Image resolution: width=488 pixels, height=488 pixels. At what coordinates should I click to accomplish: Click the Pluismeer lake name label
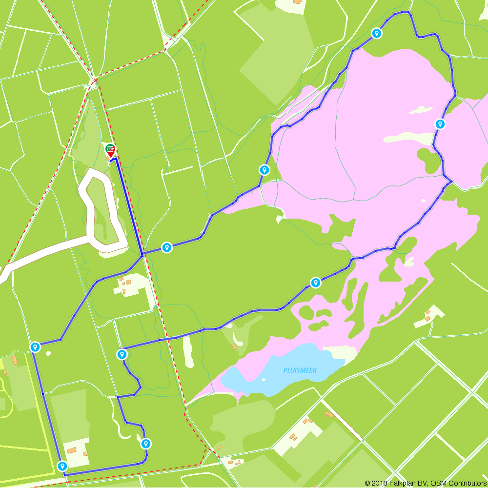click(300, 370)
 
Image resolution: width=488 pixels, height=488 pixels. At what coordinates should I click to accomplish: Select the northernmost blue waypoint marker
click(376, 33)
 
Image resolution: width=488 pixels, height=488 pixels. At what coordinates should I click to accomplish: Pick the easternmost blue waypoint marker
click(440, 124)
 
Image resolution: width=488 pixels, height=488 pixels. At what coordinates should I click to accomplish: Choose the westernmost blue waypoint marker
click(35, 347)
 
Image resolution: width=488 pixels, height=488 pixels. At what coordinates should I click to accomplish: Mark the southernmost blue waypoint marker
click(62, 466)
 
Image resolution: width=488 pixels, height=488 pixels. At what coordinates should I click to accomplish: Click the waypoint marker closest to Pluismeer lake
click(316, 282)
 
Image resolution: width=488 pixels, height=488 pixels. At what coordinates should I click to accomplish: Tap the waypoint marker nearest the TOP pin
click(167, 247)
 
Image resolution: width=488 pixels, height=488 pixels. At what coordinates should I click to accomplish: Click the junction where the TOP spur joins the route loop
click(142, 255)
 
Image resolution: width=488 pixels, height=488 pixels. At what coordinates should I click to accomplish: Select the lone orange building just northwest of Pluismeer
click(235, 347)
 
